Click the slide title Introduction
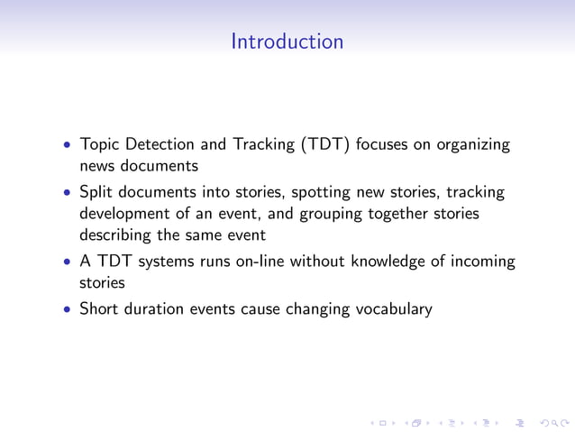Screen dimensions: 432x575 tap(287, 41)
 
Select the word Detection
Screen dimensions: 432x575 tap(160, 145)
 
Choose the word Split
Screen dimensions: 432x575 tap(96, 193)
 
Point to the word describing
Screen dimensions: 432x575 tap(119, 236)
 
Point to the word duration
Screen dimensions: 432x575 tap(154, 309)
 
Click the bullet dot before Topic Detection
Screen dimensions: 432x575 tap(67, 146)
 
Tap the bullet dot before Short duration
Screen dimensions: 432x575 tap(67, 310)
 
